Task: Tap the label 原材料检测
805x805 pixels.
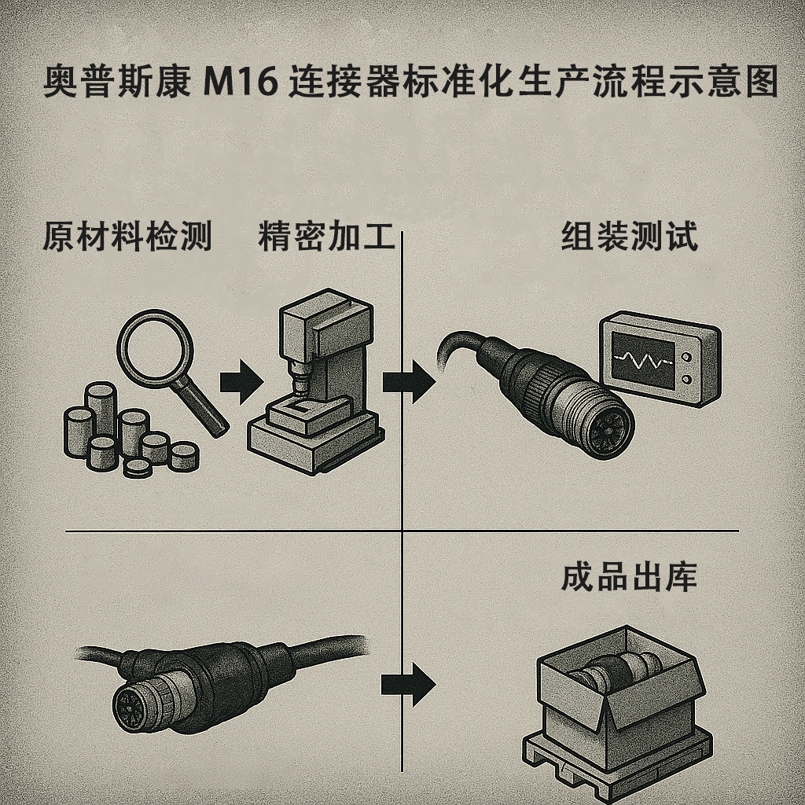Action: [x=127, y=237]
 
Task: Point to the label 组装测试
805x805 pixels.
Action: [x=629, y=237]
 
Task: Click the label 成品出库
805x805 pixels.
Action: [x=629, y=579]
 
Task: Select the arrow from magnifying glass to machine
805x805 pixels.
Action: [x=241, y=383]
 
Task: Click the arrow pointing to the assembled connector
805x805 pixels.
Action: [x=407, y=383]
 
